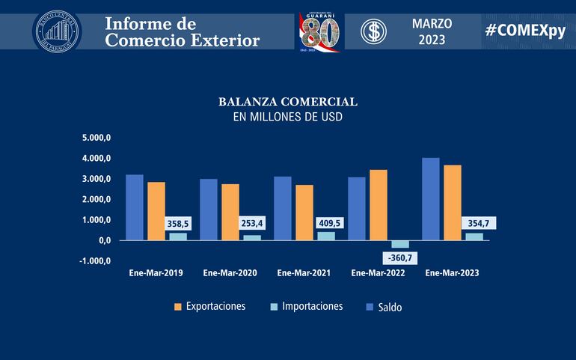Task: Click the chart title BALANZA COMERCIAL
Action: point(287,101)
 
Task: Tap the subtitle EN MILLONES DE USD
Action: point(287,117)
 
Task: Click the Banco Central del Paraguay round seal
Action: point(57,31)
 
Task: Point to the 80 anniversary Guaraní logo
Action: point(319,31)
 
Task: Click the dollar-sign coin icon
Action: point(373,31)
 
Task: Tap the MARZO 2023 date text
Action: point(432,31)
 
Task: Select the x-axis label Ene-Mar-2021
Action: point(304,273)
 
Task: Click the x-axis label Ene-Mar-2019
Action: point(155,273)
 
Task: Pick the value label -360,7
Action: point(400,258)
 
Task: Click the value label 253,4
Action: point(252,223)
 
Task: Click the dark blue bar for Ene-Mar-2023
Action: point(431,199)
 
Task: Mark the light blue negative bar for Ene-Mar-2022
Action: point(400,244)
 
